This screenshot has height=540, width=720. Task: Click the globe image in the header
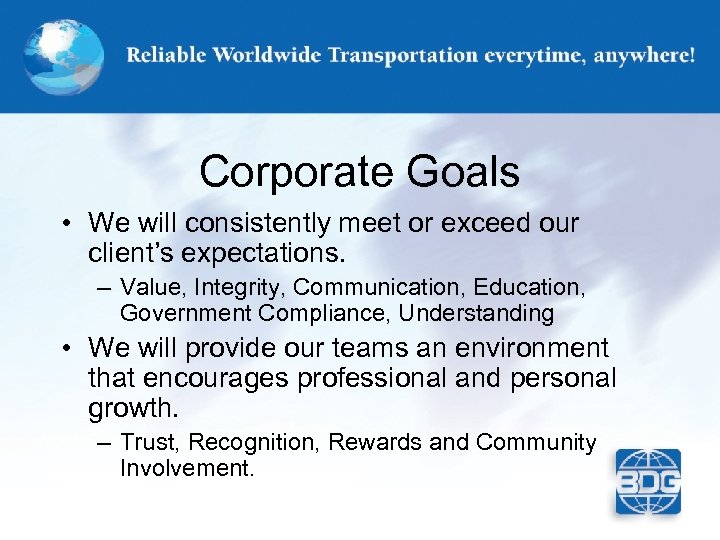pos(61,54)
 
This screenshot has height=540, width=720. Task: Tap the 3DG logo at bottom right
pos(647,482)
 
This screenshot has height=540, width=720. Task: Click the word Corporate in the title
pos(287,172)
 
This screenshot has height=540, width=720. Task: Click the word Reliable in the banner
pos(163,56)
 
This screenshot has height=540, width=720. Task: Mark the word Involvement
pos(186,467)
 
